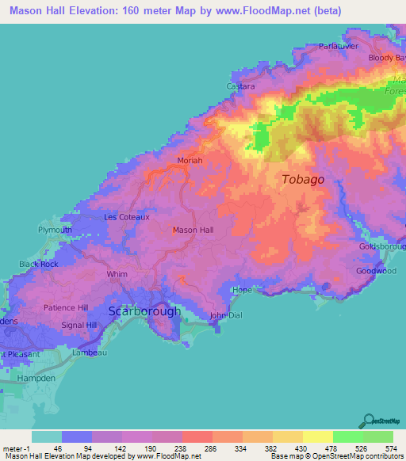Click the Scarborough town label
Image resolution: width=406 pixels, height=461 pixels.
click(x=144, y=311)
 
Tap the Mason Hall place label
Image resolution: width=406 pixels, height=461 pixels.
click(x=193, y=230)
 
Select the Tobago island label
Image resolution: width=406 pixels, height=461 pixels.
click(x=303, y=180)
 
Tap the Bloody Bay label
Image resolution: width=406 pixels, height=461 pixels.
click(x=386, y=58)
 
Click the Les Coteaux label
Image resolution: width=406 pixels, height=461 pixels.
click(x=127, y=216)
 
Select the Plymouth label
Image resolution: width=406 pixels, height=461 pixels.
click(x=56, y=230)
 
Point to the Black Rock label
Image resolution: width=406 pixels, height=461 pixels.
click(x=39, y=264)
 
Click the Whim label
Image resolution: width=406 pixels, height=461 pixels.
click(x=117, y=274)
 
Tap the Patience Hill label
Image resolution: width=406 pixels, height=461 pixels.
click(x=65, y=307)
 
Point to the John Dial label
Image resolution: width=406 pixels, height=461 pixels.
click(x=224, y=315)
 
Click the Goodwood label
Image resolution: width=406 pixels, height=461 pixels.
click(x=376, y=271)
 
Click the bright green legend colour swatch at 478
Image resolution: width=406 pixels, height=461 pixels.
click(x=347, y=436)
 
